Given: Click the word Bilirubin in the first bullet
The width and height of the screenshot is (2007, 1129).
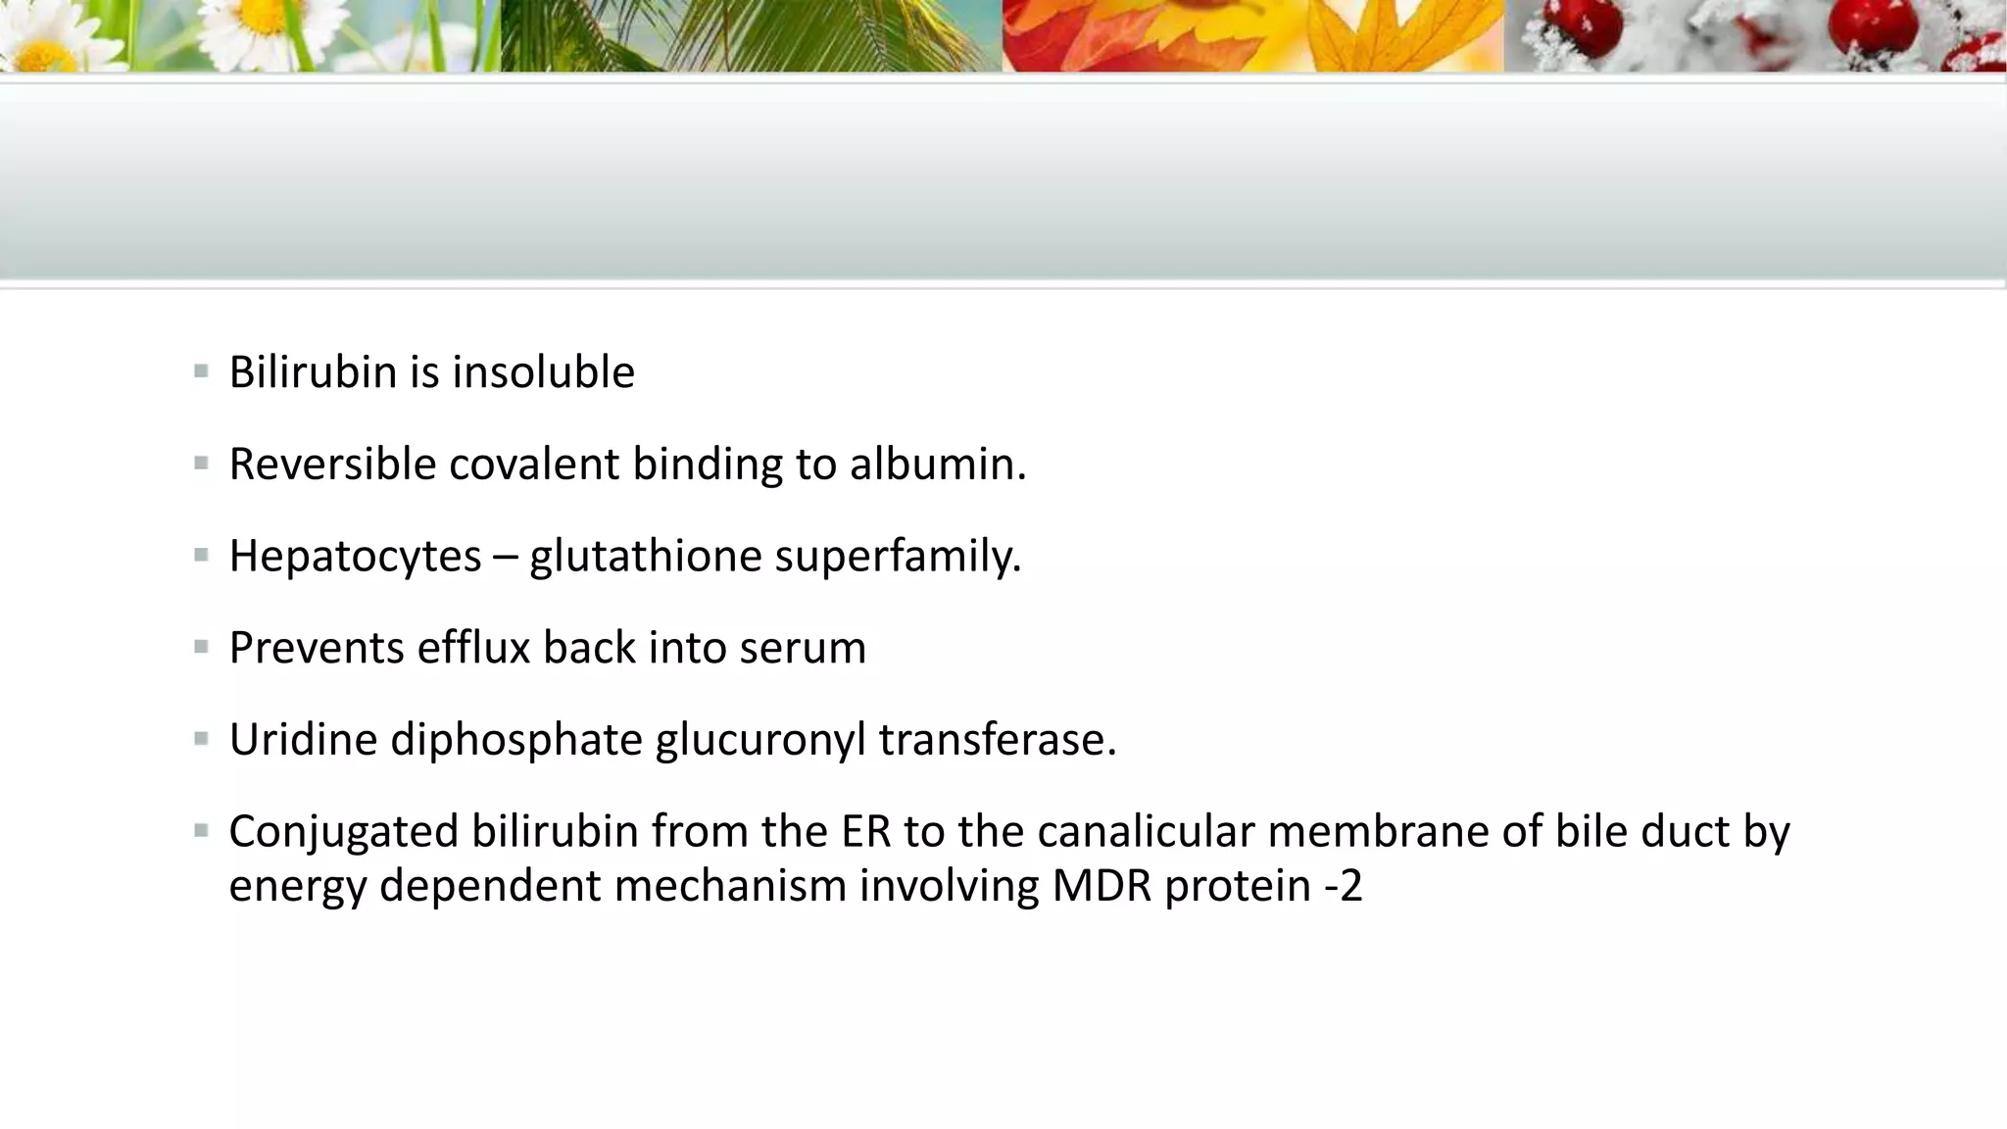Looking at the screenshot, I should (x=314, y=372).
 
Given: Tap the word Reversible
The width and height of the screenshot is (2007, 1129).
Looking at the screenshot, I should (x=332, y=465).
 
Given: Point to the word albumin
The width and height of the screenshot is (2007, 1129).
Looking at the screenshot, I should (x=937, y=465).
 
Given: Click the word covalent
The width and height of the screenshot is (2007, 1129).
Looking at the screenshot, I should (x=534, y=465).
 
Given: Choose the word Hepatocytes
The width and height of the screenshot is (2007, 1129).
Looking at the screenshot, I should (x=355, y=557).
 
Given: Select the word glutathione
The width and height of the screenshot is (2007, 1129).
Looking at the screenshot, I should (x=645, y=557).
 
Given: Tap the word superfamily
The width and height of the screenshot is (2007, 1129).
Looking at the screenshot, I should (x=898, y=557).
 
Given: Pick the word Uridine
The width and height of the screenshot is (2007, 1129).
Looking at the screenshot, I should (x=303, y=740).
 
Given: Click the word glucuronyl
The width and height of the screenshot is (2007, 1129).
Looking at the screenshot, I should (x=760, y=740).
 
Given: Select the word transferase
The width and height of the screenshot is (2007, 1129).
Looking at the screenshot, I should (x=997, y=740).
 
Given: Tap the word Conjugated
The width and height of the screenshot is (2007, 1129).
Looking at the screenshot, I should (x=343, y=832).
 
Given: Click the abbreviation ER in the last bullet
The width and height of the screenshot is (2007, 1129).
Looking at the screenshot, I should (x=865, y=832).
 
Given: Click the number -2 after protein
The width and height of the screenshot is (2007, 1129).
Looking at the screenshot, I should (x=1343, y=886).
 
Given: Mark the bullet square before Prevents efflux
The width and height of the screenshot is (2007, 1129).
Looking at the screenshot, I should (x=201, y=647).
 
